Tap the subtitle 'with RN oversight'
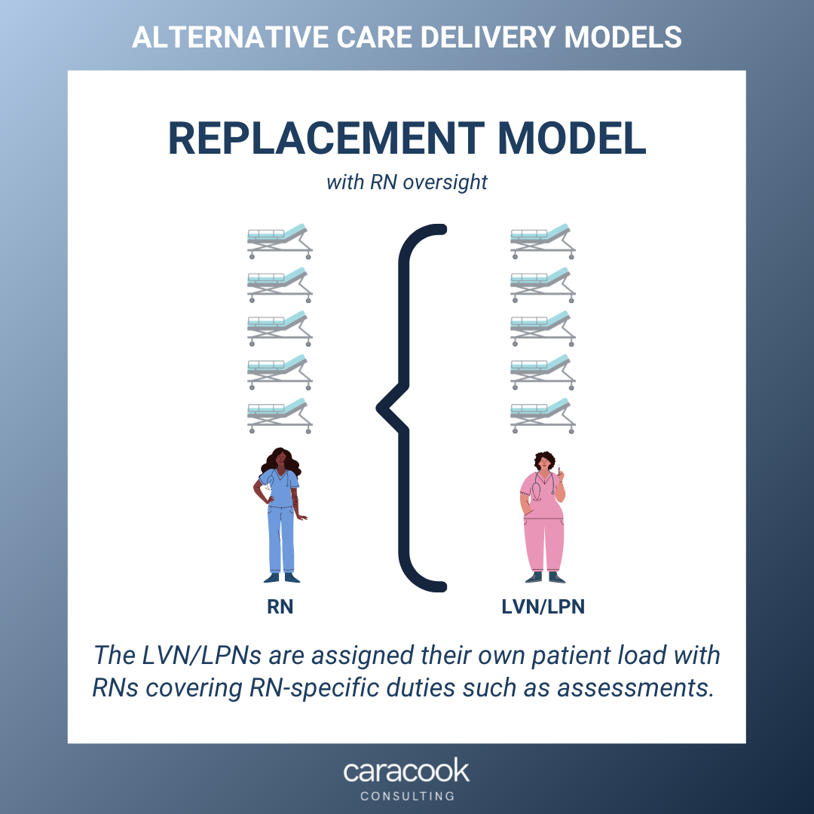(407, 182)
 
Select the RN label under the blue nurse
(280, 607)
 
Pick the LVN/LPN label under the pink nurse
(543, 607)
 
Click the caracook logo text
(407, 771)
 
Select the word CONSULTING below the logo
(407, 796)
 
